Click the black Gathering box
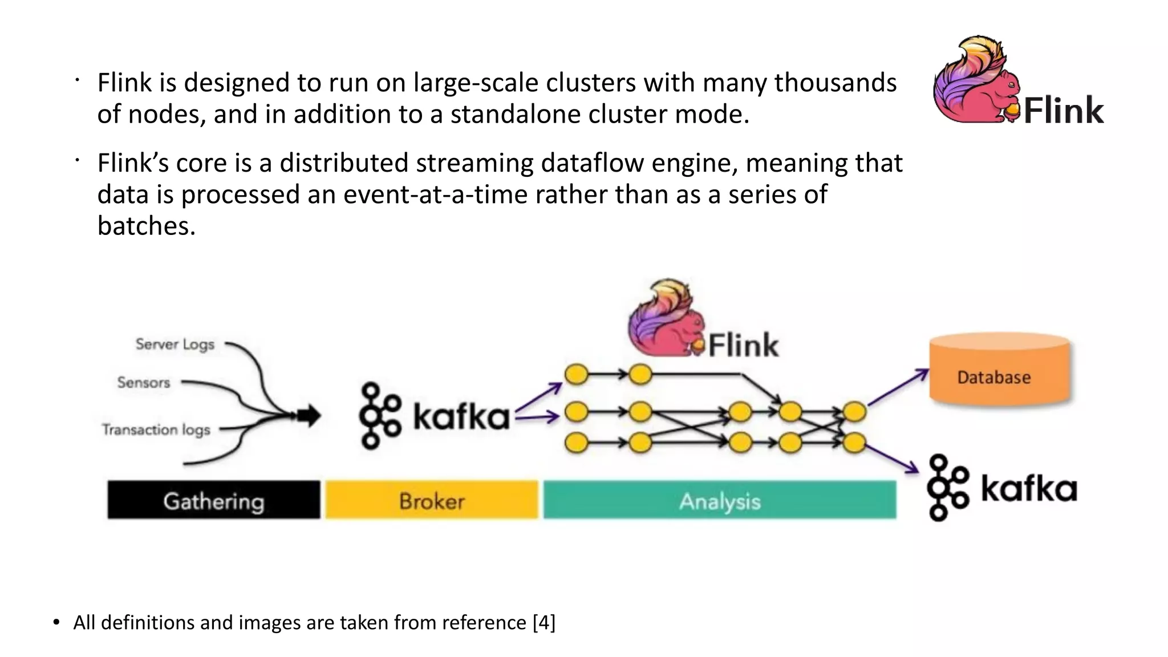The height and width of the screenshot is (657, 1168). pos(214,500)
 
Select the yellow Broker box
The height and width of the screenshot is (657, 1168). pos(432,500)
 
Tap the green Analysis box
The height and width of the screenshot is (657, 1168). pos(720,500)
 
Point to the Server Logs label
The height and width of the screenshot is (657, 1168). pos(175,344)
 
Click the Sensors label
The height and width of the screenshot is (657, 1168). pos(144,383)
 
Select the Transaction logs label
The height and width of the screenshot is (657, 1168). pos(156,429)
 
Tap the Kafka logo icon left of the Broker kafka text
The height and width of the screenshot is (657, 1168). pos(379,415)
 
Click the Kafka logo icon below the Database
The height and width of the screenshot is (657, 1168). pos(947,488)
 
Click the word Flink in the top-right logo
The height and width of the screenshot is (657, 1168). pos(1064,110)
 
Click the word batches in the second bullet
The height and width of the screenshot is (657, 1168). pos(146,226)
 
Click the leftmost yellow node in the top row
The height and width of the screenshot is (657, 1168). pos(576,375)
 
